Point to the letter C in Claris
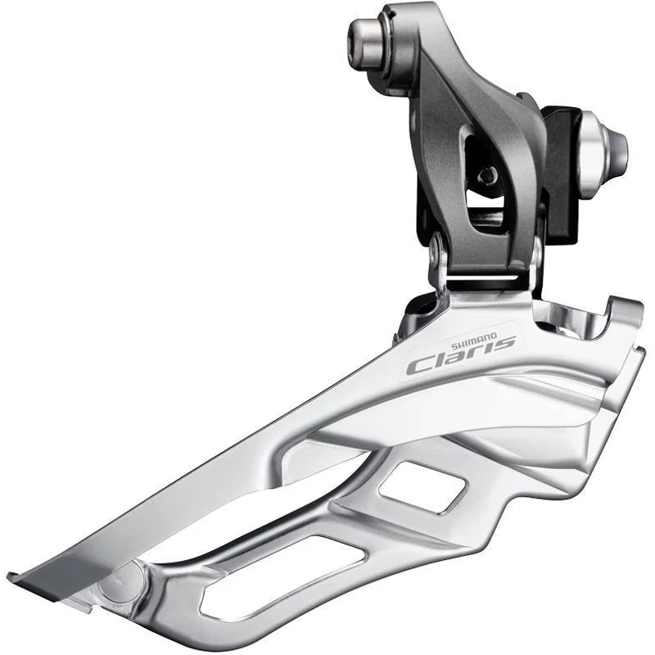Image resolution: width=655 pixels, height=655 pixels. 419,364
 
